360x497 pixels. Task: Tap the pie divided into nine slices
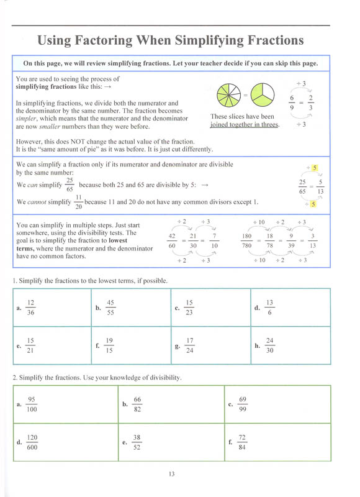[x=228, y=95]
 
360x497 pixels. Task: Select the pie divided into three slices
[x=263, y=95]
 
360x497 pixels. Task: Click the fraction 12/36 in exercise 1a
[x=30, y=308]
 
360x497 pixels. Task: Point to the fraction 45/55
[x=110, y=308]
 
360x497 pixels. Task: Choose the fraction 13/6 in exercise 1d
[x=269, y=308]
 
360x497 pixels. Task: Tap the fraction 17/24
[x=190, y=345]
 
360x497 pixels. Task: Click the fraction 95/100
[x=32, y=404]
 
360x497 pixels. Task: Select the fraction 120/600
[x=32, y=442]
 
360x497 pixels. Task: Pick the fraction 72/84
[x=242, y=442]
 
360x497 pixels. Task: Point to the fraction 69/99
[x=243, y=404]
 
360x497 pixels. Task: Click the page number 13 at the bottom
[x=171, y=474]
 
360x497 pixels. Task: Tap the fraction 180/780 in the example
[x=246, y=240]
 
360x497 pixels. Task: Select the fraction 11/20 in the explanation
[x=79, y=202]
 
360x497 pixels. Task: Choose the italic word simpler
[x=26, y=119]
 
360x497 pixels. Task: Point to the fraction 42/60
[x=172, y=240]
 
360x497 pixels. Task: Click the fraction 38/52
[x=137, y=442]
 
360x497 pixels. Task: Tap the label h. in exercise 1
[x=258, y=346]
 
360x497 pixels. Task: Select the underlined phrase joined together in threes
[x=245, y=125]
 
